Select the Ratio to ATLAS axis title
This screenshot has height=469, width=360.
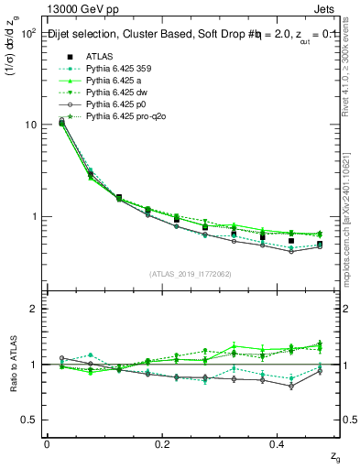[x=13, y=365]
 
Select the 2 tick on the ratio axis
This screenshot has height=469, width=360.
[x=35, y=309]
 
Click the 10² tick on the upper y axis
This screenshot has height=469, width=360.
[x=28, y=32]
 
